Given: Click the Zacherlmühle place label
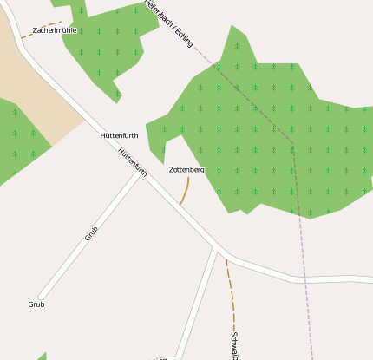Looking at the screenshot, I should point(55,30).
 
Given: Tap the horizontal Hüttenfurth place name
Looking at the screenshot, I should point(119,136).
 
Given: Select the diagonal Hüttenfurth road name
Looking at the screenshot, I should point(132,162).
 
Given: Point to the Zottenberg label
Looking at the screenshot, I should point(186,170).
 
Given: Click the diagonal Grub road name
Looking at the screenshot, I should point(91,233).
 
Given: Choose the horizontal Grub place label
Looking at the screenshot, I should point(36,304).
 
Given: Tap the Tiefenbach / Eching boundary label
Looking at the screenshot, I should point(168,22).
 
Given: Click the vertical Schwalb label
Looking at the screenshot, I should point(234,345).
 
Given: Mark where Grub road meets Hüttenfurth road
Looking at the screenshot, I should point(141,172).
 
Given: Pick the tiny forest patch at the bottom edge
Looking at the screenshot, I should point(41,357).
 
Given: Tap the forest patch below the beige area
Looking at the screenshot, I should point(17,139).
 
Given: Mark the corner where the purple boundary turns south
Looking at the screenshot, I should point(292,142).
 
